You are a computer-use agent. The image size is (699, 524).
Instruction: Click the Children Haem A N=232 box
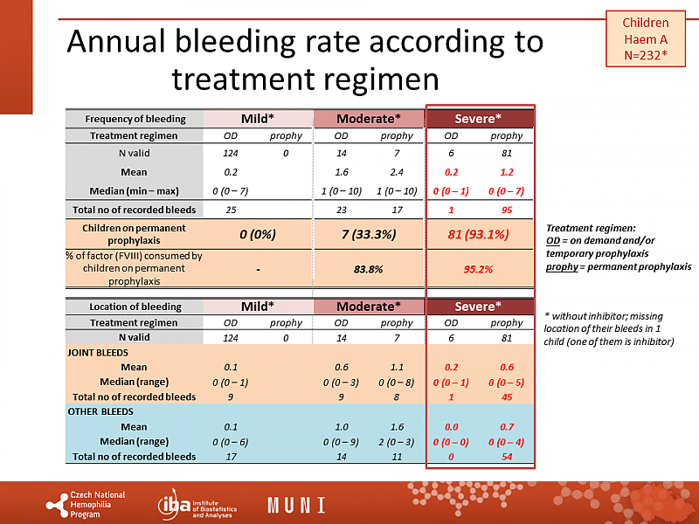click(x=646, y=39)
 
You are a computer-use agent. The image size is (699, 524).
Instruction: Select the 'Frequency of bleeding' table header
click(x=135, y=119)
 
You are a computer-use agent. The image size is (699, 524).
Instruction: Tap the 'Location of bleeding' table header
click(x=135, y=307)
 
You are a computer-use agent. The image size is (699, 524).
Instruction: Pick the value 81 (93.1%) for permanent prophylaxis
click(x=479, y=233)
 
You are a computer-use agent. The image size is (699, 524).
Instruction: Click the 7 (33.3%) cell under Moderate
click(x=368, y=233)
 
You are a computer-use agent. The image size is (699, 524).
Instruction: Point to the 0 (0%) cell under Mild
click(x=258, y=233)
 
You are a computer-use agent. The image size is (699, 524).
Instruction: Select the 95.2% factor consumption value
click(x=479, y=269)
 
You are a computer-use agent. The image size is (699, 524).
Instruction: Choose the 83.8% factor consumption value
click(x=368, y=269)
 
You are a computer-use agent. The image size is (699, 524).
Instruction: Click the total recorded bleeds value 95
click(x=507, y=210)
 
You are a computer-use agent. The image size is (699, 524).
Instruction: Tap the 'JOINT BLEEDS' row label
click(x=96, y=353)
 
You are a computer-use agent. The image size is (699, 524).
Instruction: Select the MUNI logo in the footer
click(x=296, y=505)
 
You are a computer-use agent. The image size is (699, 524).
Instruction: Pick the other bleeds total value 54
click(x=507, y=457)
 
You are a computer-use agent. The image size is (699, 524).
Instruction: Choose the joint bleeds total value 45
click(x=507, y=397)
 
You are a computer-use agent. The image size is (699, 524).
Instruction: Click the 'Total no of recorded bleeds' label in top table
click(x=135, y=210)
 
